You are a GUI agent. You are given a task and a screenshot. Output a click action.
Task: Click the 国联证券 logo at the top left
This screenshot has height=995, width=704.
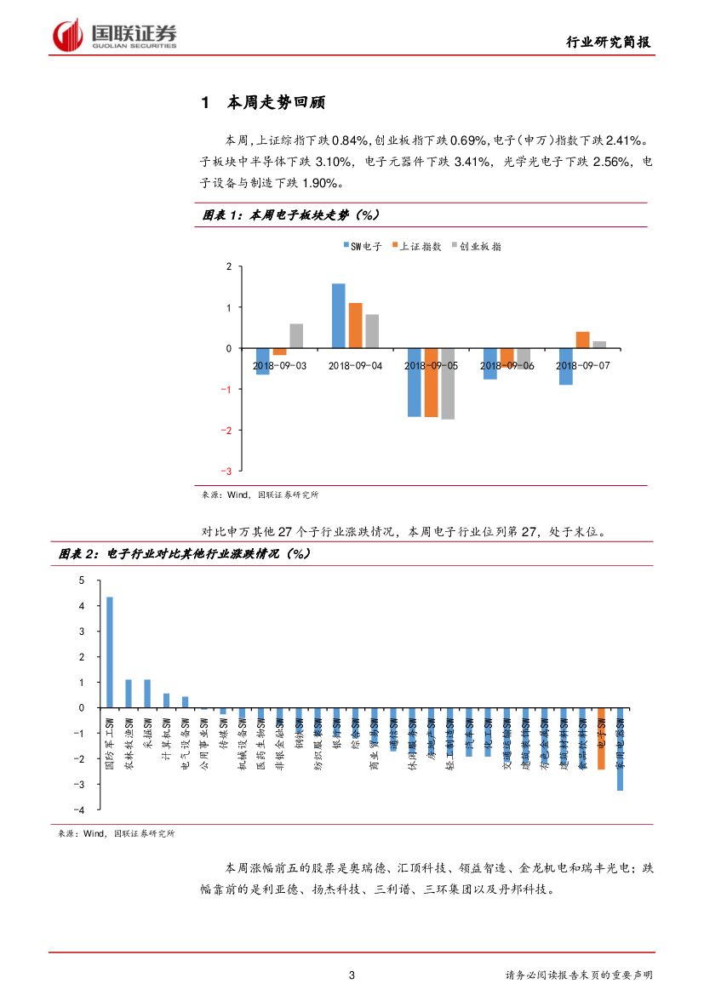[x=115, y=35]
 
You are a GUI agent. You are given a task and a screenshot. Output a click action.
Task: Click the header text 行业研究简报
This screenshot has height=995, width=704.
[x=610, y=43]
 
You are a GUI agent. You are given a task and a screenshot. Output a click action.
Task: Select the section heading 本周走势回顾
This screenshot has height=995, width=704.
[x=276, y=103]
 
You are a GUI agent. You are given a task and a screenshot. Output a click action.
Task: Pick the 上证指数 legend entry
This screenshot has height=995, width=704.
[x=416, y=246]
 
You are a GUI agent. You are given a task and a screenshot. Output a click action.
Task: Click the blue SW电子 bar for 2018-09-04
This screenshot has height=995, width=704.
[x=338, y=316]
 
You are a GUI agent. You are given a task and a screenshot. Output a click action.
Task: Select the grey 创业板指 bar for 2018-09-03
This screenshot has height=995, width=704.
[x=296, y=336]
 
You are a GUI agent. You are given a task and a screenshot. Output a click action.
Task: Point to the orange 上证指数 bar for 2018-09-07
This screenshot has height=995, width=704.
[x=582, y=340]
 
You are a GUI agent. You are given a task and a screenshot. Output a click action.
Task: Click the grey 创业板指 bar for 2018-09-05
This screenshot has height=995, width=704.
[x=448, y=384]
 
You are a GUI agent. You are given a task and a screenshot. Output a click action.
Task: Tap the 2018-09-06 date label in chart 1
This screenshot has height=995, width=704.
[x=507, y=365]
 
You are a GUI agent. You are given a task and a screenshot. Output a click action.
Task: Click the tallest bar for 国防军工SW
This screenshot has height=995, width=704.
[x=109, y=652]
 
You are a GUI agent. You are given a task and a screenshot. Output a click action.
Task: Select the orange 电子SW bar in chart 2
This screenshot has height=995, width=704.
[x=601, y=738]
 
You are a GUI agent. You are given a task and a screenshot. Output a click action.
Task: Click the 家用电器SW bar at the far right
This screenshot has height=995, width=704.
[x=620, y=749]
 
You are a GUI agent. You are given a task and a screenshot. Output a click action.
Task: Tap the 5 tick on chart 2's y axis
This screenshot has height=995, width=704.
[x=83, y=580]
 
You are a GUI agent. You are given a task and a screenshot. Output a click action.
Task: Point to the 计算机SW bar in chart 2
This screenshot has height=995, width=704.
[x=166, y=701]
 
